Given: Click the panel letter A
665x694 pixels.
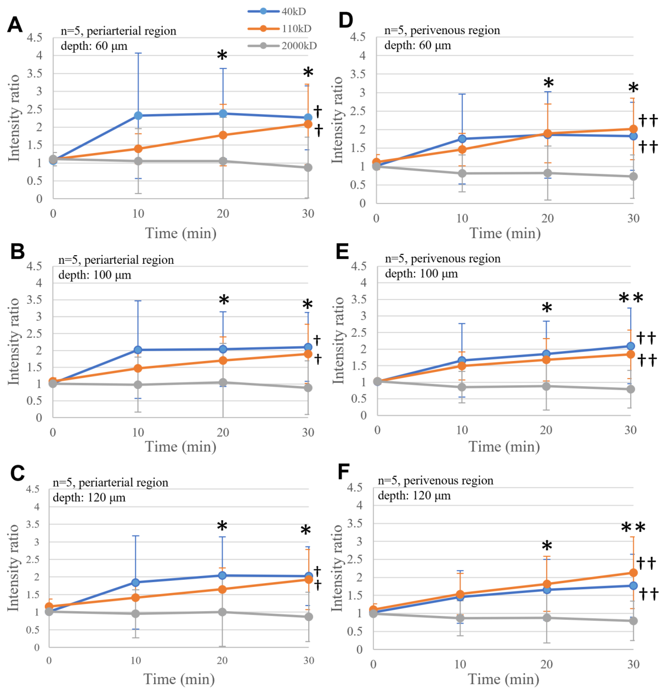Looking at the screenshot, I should tap(15, 25).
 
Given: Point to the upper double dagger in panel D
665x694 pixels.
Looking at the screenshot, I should tap(648, 120).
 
